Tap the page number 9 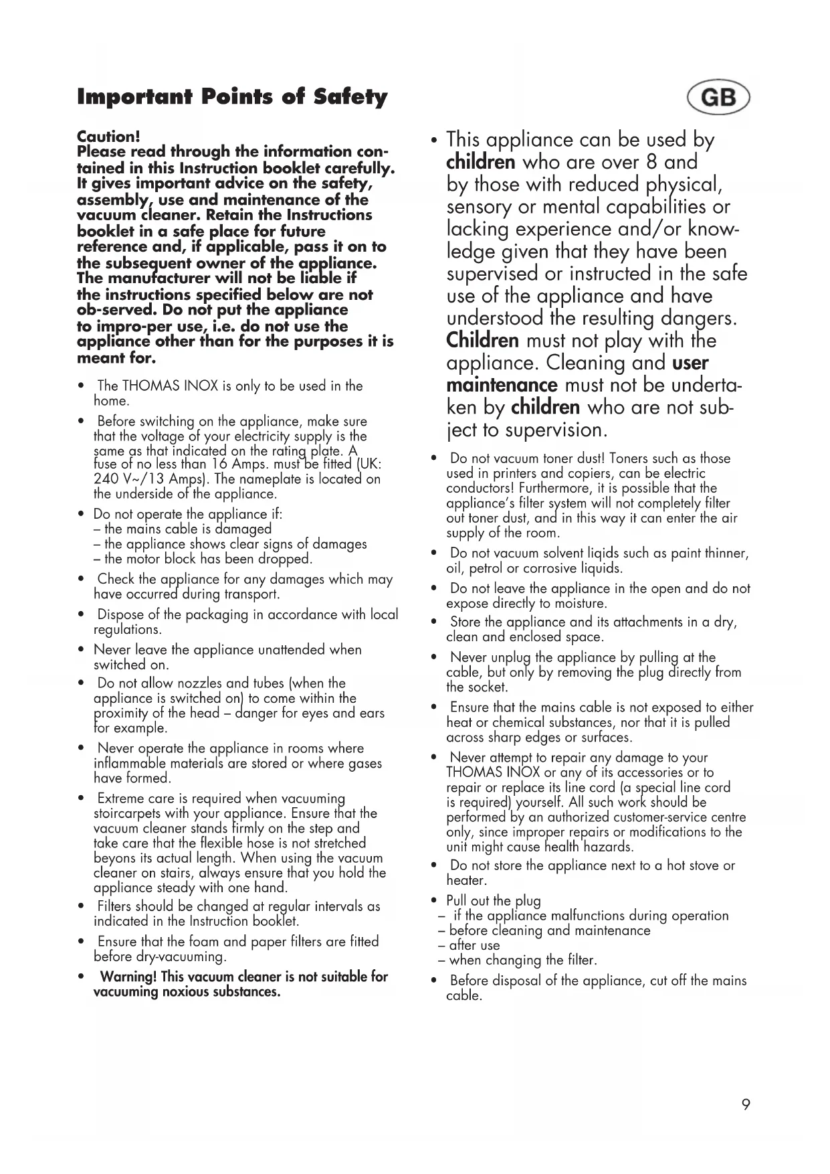[746, 1104]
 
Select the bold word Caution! [108, 137]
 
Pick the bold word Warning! [128, 977]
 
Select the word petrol [488, 569]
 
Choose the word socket [487, 687]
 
